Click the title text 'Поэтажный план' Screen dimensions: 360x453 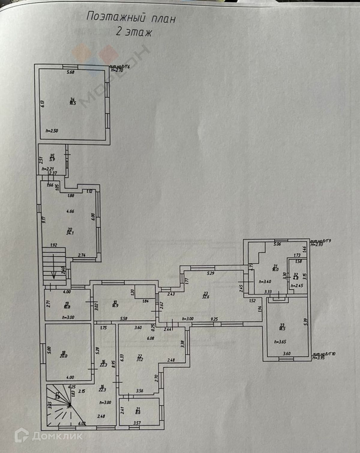131,18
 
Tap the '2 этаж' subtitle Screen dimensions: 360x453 134,32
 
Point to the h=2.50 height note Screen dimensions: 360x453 52,131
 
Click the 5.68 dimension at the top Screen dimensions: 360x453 70,72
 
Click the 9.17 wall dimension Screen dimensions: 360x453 44,220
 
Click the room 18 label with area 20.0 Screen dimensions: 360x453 64,355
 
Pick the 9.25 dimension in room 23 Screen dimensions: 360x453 214,319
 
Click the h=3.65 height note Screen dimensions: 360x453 280,342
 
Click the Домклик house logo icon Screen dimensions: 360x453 22,436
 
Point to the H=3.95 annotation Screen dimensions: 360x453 319,358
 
